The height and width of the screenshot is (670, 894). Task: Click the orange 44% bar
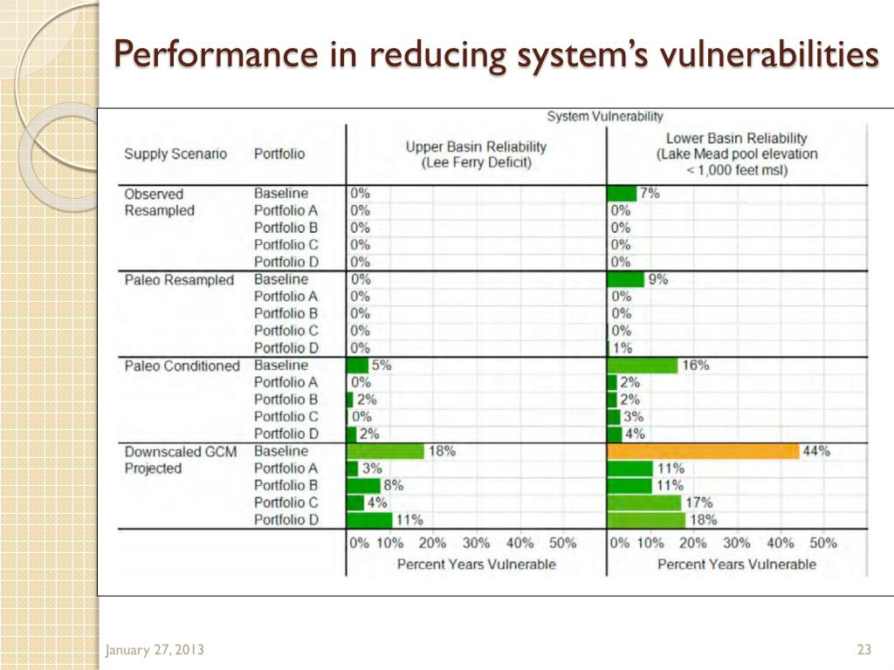(x=703, y=451)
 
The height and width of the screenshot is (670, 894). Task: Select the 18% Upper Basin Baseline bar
(x=385, y=451)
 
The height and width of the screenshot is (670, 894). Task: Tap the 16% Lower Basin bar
(x=643, y=366)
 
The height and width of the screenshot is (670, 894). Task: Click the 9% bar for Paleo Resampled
(x=626, y=279)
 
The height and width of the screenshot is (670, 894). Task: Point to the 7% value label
(x=650, y=194)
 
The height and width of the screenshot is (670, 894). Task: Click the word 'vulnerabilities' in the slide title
(x=769, y=55)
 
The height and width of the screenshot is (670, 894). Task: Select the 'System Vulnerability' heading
(x=604, y=115)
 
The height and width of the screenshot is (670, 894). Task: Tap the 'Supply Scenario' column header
(x=175, y=154)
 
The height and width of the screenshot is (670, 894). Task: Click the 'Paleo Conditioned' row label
(x=182, y=366)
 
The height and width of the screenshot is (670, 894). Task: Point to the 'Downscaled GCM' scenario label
(x=180, y=451)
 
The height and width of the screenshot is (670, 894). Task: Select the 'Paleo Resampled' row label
(x=179, y=280)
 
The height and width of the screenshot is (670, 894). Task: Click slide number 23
(x=865, y=649)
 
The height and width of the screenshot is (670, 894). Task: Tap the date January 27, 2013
(x=155, y=650)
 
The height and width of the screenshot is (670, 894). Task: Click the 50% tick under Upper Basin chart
(x=563, y=543)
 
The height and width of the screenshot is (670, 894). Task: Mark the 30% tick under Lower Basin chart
(x=737, y=543)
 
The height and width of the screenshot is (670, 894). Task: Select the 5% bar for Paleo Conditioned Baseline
(x=358, y=366)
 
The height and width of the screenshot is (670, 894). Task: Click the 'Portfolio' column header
(x=279, y=154)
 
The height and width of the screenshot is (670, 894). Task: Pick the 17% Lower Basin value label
(x=699, y=502)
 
